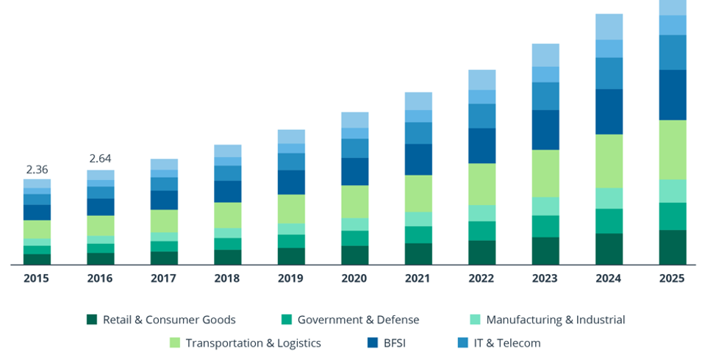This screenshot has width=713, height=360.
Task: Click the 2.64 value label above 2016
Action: coord(100,159)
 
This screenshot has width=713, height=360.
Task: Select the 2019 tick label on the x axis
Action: coord(291,278)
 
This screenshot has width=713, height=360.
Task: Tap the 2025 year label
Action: coord(672,278)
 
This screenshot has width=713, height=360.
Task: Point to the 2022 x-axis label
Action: coord(481,278)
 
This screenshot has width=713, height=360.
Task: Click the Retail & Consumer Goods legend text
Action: coord(169,320)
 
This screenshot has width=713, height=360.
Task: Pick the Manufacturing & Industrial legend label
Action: coord(556,320)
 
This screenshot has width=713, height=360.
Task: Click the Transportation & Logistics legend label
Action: coord(253,343)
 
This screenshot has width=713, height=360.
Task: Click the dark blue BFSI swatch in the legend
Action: coord(372,343)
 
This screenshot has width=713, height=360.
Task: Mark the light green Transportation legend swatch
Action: coord(175,343)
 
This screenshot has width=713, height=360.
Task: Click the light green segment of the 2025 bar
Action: coord(672,150)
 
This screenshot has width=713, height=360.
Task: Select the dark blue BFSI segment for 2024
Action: coord(609,112)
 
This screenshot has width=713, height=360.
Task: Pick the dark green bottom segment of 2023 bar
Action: coord(545,251)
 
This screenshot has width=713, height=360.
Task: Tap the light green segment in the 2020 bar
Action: coord(355,201)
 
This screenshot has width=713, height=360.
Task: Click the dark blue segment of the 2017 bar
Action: coord(164,200)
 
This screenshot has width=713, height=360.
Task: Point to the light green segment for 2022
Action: coord(481,184)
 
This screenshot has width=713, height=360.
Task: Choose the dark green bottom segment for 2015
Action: coord(37,259)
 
